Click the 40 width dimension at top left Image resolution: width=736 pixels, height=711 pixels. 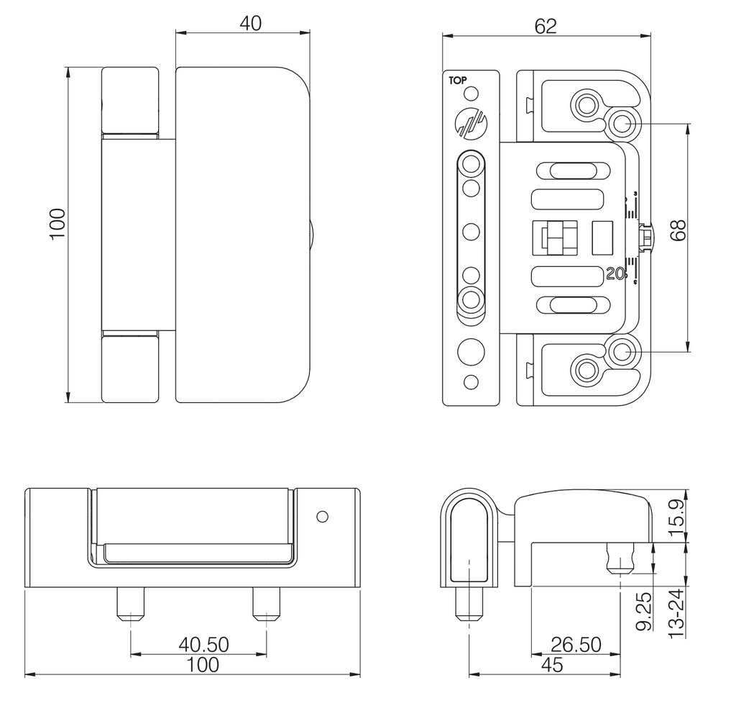(250, 24)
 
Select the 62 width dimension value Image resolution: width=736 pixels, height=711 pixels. (546, 27)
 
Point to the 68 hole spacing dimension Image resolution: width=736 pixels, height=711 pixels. (678, 230)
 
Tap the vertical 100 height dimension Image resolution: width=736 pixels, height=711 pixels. (58, 224)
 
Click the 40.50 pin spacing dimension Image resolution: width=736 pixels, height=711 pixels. (203, 644)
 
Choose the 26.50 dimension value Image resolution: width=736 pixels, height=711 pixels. (576, 644)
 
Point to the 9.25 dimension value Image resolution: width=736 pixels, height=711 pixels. (644, 611)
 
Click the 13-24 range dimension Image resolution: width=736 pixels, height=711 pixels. (676, 613)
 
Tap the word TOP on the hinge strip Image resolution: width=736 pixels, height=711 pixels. (458, 81)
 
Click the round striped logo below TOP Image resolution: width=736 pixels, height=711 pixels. (471, 123)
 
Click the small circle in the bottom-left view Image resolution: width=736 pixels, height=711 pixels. (323, 517)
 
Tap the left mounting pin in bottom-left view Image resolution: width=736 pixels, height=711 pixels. (131, 604)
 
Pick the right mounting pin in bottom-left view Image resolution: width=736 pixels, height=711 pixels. (267, 604)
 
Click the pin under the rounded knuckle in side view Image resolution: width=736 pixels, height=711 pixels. (469, 604)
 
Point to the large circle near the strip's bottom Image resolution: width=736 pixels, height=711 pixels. (471, 351)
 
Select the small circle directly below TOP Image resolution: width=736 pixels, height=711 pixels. (471, 94)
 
